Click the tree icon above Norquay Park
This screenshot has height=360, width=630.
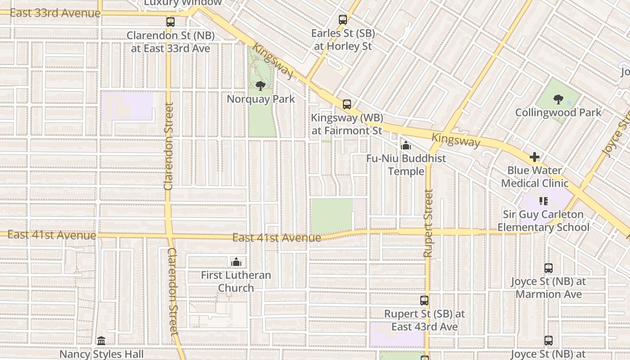[x=260, y=85]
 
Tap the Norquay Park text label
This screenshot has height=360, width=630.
[x=261, y=99]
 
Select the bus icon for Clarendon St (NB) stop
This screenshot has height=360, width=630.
[x=170, y=22]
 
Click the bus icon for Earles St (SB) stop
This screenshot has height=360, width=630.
[x=343, y=20]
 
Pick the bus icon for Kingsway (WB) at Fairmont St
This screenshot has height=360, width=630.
[x=346, y=104]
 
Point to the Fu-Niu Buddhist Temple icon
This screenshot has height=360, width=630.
[x=406, y=145]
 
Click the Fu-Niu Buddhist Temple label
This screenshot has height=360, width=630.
[x=406, y=165]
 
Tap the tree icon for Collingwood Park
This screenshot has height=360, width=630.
[x=558, y=99]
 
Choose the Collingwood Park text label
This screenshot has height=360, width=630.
[x=558, y=112]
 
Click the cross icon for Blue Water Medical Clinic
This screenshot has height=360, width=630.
[x=535, y=157]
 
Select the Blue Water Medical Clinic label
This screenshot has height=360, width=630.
[x=535, y=177]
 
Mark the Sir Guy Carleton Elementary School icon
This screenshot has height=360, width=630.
[x=543, y=201]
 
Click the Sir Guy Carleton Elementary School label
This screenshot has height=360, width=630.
[x=543, y=220]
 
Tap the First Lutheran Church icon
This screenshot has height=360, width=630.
[x=236, y=262]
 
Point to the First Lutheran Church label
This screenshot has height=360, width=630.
[x=236, y=281]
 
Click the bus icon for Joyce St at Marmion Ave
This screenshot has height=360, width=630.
[x=549, y=268]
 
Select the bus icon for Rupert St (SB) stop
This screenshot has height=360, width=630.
[x=424, y=301]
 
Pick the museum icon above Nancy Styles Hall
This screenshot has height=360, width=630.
[x=101, y=341]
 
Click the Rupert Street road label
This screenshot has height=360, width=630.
[x=428, y=223]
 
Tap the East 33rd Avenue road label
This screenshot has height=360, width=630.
[x=55, y=13]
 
